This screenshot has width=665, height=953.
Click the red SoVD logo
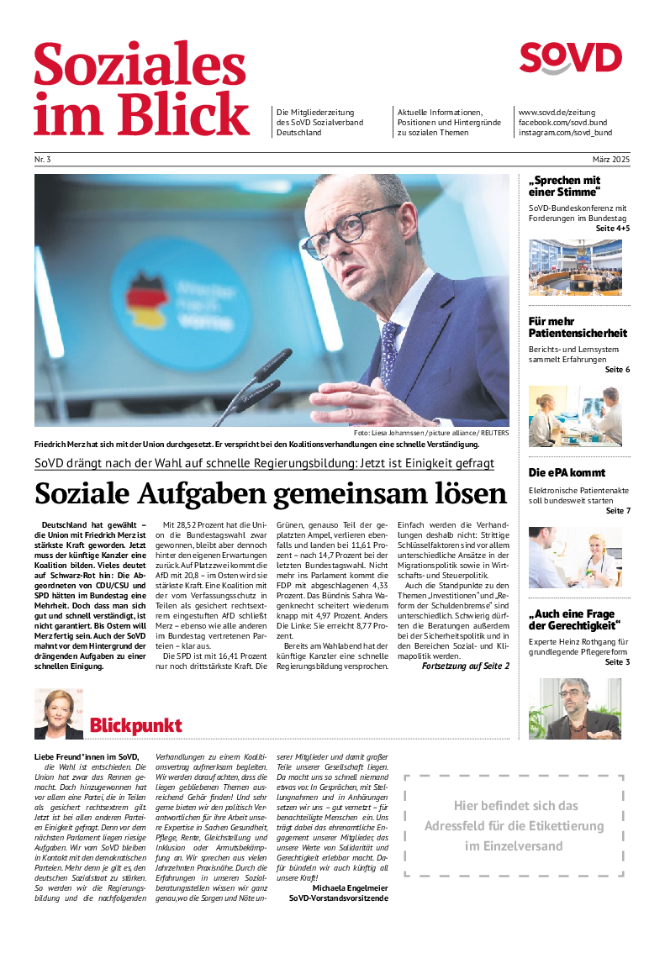(x=570, y=59)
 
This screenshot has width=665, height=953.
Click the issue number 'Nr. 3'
(x=43, y=159)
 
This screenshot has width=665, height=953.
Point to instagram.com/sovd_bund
(x=565, y=133)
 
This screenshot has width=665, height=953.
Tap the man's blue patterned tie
(x=389, y=345)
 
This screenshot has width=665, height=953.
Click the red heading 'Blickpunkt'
(x=135, y=725)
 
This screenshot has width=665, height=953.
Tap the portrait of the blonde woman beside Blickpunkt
(x=58, y=714)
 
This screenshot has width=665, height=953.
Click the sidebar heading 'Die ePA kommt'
(x=567, y=472)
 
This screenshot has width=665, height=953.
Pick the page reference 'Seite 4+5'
(x=612, y=229)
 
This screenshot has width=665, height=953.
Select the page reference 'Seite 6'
(x=617, y=370)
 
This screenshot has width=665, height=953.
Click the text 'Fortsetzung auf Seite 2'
(x=465, y=666)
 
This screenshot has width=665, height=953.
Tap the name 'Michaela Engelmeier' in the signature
(x=350, y=887)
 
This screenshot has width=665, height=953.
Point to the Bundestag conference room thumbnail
(x=575, y=267)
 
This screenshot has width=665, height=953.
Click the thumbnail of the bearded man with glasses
(x=575, y=708)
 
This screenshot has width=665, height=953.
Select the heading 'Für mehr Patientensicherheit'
(x=578, y=327)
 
